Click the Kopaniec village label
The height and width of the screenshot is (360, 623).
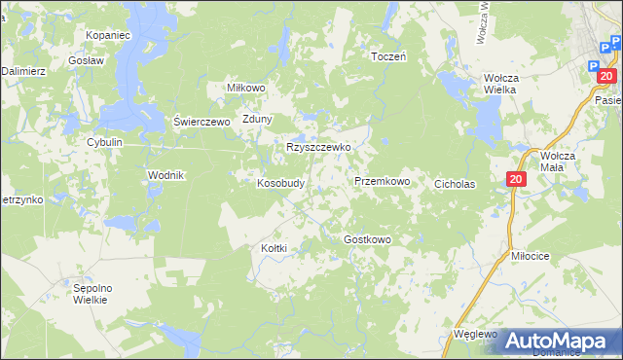click(107, 34)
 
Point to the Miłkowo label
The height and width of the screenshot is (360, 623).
click(246, 88)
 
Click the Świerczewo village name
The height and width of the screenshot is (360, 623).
click(201, 122)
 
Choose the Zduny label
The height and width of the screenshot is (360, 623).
click(258, 120)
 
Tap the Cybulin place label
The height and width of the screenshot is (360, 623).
click(104, 142)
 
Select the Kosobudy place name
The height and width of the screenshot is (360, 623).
click(281, 183)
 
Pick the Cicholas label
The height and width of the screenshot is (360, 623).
click(455, 183)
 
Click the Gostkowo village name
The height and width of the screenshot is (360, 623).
click(368, 239)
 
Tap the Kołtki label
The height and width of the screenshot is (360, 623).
click(275, 248)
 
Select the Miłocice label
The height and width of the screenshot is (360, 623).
click(531, 255)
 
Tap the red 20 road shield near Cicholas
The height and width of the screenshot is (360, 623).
click(516, 179)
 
